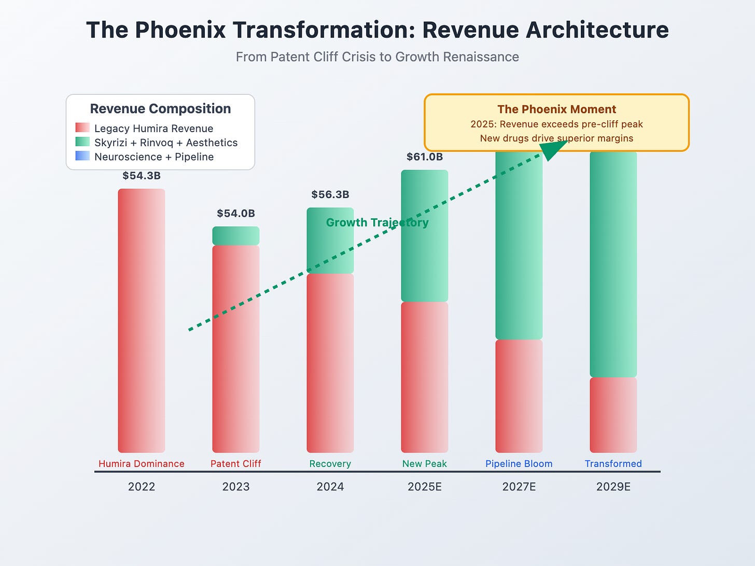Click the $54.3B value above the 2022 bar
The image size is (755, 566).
pyautogui.click(x=142, y=176)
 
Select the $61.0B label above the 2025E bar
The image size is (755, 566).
pyautogui.click(x=425, y=157)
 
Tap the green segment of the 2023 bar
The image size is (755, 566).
pyautogui.click(x=236, y=236)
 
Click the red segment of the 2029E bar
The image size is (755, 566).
pyautogui.click(x=613, y=415)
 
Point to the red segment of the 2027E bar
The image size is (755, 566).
pyautogui.click(x=519, y=396)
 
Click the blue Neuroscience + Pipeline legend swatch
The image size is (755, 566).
pyautogui.click(x=82, y=156)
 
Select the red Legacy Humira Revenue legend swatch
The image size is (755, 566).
pyautogui.click(x=82, y=128)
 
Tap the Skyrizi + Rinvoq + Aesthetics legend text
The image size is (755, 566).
pyautogui.click(x=166, y=143)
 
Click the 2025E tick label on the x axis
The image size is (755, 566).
pyautogui.click(x=425, y=487)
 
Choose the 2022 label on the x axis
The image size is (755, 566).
pyautogui.click(x=142, y=487)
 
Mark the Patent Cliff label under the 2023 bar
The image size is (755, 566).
pyautogui.click(x=236, y=464)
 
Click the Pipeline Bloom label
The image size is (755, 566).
pyautogui.click(x=519, y=464)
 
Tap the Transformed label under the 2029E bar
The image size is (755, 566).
pyautogui.click(x=613, y=464)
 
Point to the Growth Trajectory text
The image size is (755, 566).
pyautogui.click(x=377, y=223)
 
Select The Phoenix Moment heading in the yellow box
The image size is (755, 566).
pyautogui.click(x=557, y=109)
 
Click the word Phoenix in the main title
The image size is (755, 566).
pyautogui.click(x=180, y=30)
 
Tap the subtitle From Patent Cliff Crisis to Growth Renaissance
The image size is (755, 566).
pyautogui.click(x=378, y=56)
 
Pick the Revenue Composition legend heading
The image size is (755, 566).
pyautogui.click(x=160, y=109)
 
